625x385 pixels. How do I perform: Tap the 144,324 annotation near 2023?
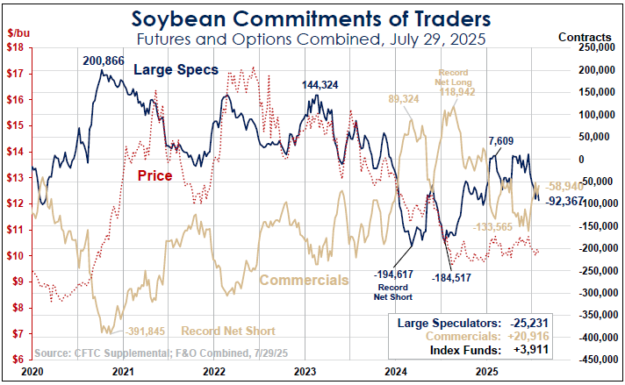[320, 85]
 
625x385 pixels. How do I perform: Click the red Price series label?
[154, 175]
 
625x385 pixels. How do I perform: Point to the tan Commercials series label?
[304, 281]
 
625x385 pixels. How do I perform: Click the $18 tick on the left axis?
[15, 47]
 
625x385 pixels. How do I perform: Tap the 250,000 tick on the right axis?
[593, 47]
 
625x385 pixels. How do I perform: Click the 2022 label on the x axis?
[214, 372]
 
